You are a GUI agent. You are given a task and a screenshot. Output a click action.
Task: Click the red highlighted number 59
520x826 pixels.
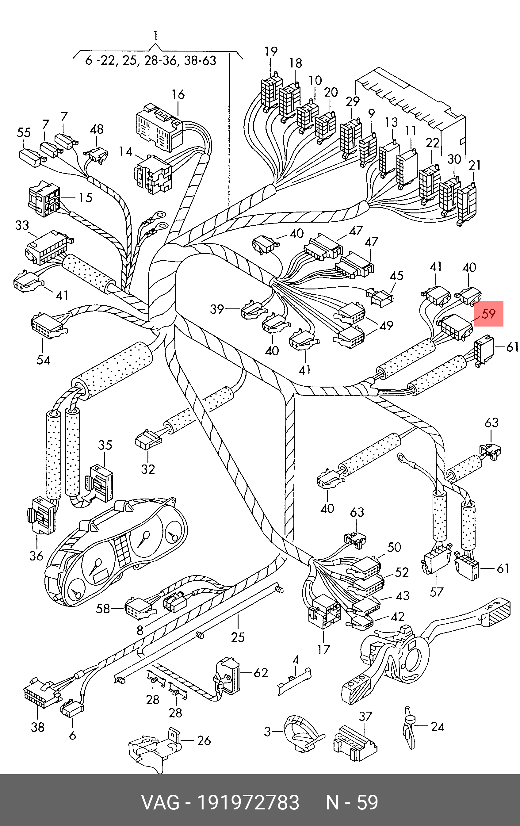click(489, 314)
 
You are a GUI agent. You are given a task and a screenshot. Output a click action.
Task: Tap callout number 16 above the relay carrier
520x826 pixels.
click(178, 94)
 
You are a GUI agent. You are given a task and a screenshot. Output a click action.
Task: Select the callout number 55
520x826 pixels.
click(24, 132)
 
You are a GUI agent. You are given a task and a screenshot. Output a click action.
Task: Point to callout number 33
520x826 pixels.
click(22, 225)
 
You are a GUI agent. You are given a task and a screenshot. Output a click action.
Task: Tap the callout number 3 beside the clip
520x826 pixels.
click(268, 732)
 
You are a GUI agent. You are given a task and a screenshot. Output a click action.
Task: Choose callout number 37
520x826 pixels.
click(365, 716)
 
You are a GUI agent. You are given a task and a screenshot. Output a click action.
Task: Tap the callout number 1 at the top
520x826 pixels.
click(156, 36)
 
